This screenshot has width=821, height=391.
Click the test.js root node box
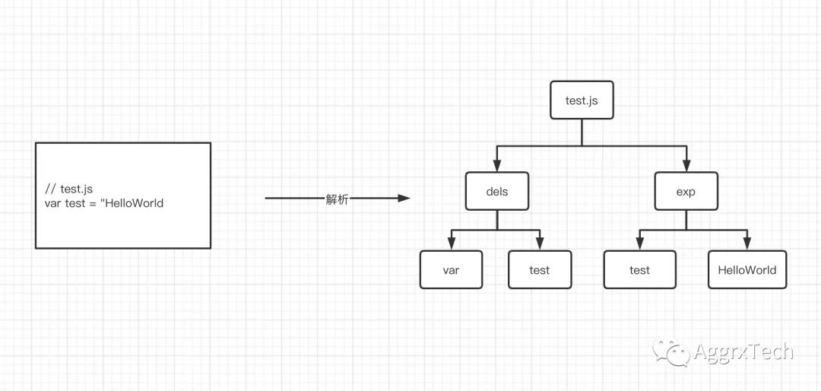click(582, 100)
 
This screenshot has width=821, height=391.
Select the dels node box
click(496, 192)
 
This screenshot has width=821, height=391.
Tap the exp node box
click(686, 192)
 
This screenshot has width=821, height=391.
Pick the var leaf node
click(451, 270)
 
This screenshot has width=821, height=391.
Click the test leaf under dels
click(540, 270)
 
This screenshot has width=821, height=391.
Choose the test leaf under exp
click(640, 270)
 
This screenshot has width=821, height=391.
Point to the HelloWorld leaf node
click(747, 270)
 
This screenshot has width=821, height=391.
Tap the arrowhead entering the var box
click(451, 244)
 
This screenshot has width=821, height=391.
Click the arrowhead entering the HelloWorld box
click(747, 244)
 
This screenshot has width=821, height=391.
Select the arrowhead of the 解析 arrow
click(404, 199)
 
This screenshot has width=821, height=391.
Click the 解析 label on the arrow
click(337, 199)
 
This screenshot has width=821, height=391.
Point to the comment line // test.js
click(69, 189)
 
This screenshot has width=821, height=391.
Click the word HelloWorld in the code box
click(135, 203)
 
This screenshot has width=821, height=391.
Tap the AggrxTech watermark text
click(743, 352)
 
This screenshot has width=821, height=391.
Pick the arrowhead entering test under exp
click(640, 244)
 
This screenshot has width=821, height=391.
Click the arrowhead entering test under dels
click(540, 244)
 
